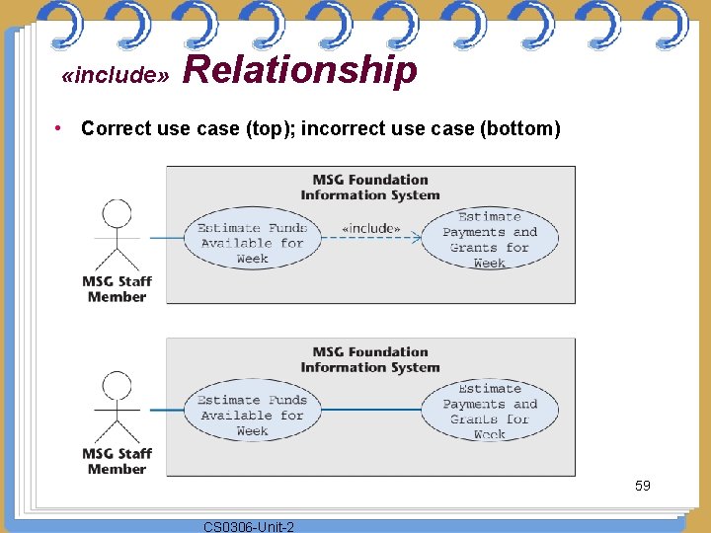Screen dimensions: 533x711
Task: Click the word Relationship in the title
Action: click(x=300, y=71)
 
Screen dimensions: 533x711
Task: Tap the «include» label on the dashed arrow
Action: click(x=370, y=229)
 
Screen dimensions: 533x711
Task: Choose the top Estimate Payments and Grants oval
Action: click(x=490, y=239)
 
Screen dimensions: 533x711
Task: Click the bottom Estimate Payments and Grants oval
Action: click(x=490, y=411)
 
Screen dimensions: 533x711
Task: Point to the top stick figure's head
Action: click(x=117, y=215)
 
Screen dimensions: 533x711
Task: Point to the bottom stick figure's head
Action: click(x=117, y=386)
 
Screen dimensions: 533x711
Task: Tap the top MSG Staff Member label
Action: click(x=117, y=289)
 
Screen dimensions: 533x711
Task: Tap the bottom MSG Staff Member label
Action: click(x=117, y=461)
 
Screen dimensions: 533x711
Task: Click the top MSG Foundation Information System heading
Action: click(x=370, y=188)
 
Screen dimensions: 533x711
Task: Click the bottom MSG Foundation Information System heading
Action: click(x=370, y=359)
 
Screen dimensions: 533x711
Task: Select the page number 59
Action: click(x=642, y=486)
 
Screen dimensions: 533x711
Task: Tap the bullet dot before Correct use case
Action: click(x=60, y=128)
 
